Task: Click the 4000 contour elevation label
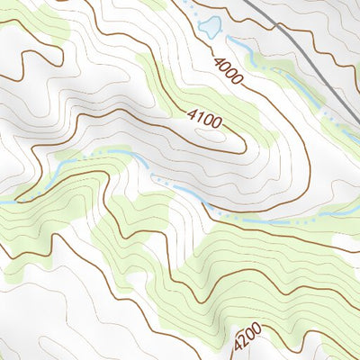229,71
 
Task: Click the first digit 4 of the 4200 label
237,348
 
